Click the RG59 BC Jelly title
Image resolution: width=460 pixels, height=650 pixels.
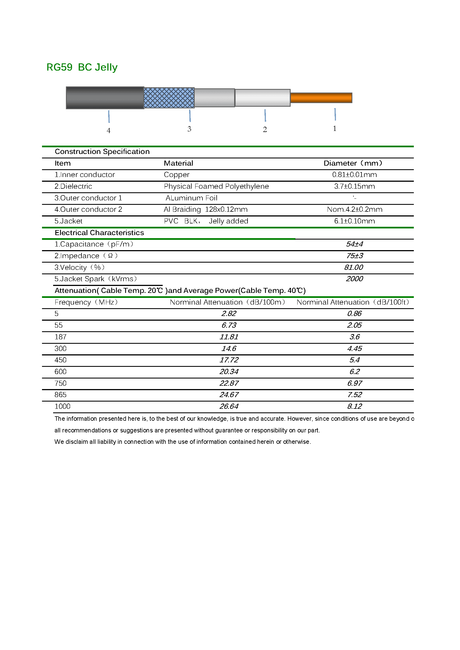(82, 67)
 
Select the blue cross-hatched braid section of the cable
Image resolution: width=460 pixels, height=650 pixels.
(169, 98)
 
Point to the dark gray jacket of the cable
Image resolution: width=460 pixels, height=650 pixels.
(105, 98)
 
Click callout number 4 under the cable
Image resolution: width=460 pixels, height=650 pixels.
(108, 131)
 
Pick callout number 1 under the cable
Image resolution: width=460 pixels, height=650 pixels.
(335, 129)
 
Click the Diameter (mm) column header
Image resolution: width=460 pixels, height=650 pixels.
(353, 163)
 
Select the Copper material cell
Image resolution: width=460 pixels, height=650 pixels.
(177, 175)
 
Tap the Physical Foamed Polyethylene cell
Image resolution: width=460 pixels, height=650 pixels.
(216, 186)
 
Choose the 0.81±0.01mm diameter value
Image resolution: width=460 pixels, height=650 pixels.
(354, 175)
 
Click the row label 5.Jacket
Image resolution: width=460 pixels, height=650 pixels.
(68, 221)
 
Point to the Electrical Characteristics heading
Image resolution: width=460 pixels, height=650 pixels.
(99, 233)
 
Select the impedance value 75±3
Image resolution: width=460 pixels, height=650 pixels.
(354, 256)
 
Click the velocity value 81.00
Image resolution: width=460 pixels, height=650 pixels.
(353, 268)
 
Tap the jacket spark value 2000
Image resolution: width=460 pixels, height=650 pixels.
(354, 279)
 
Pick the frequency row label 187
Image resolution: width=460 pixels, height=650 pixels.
(60, 337)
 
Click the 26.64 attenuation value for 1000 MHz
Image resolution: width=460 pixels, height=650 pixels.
(229, 407)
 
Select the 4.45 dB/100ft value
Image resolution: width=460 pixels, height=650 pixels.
(354, 348)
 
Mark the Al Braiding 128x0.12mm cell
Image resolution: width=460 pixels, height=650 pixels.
(205, 210)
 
